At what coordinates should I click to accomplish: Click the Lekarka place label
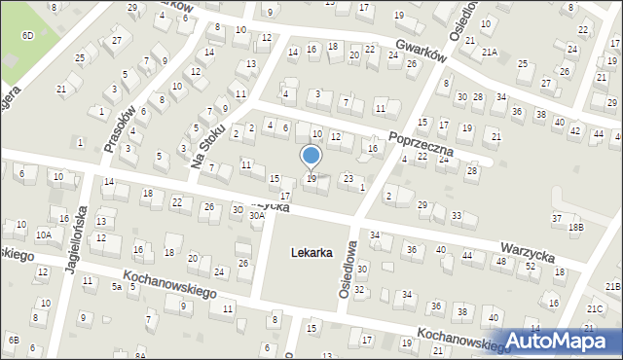[x=311, y=253]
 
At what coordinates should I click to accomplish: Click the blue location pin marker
[x=311, y=157]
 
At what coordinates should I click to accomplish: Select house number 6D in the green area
[x=28, y=35]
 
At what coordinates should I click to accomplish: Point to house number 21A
[x=488, y=52]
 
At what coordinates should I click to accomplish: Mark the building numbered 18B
[x=576, y=227]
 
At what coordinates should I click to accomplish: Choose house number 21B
[x=612, y=286]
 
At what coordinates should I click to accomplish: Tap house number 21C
[x=594, y=309]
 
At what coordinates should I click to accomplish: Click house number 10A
[x=44, y=234]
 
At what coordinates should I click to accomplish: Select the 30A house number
[x=256, y=215]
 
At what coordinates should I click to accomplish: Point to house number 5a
[x=116, y=286]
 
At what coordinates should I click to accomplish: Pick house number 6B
[x=13, y=339]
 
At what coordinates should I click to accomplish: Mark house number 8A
[x=140, y=357]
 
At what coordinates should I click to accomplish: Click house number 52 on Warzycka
[x=531, y=266]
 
